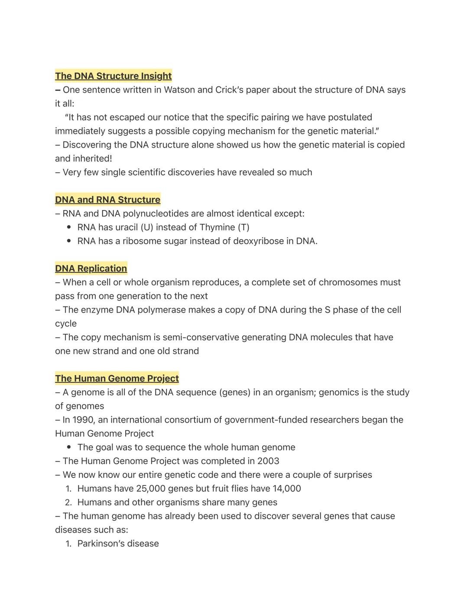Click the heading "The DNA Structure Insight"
click(x=113, y=76)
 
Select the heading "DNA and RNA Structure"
click(x=107, y=200)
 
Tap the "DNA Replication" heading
click(x=91, y=269)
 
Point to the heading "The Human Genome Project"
click(x=117, y=379)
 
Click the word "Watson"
click(x=179, y=90)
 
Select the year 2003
click(x=268, y=461)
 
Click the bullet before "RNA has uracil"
click(x=69, y=227)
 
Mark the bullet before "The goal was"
click(x=69, y=447)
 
